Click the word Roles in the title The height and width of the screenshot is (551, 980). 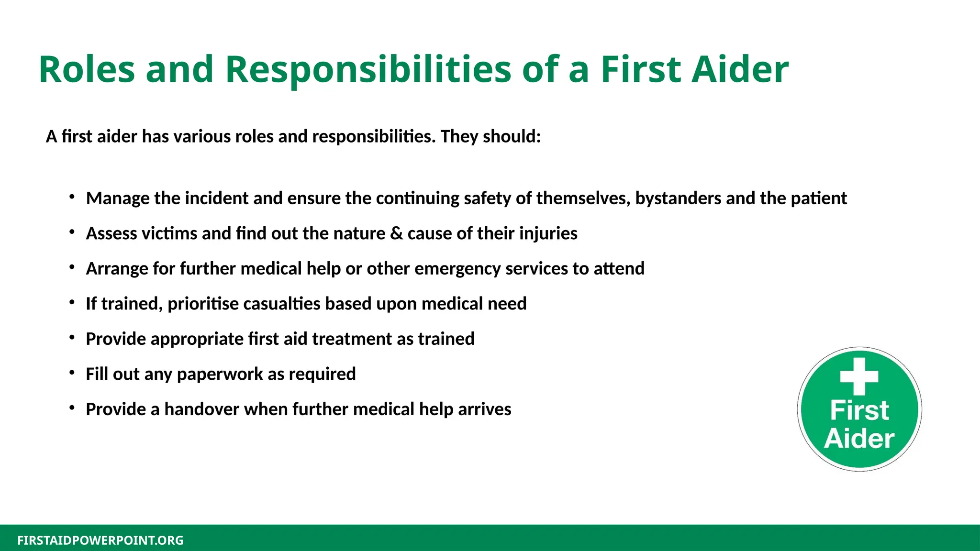[87, 70]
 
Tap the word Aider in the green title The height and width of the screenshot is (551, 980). [740, 70]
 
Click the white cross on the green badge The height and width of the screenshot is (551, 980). [859, 376]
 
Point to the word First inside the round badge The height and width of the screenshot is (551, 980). [859, 410]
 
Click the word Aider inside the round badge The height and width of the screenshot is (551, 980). [859, 439]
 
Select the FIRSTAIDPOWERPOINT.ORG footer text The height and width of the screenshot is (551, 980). [100, 540]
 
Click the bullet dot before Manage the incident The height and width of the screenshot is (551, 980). [72, 197]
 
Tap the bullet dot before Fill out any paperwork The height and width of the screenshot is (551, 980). [72, 372]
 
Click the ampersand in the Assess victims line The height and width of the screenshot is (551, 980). [396, 233]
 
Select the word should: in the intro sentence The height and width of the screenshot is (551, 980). [512, 137]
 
